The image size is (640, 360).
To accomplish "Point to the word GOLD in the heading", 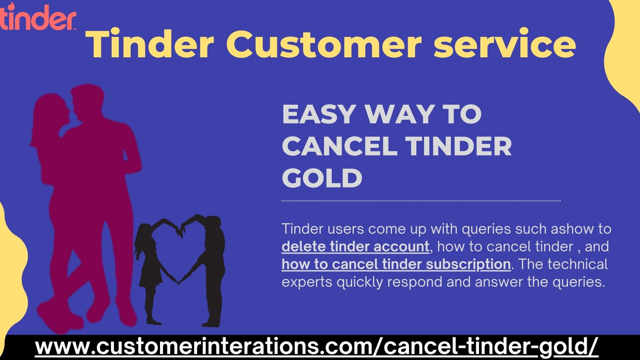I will click(322, 178).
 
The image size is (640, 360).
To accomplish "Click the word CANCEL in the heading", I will click(339, 146).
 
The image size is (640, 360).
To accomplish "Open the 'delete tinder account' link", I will click(355, 246).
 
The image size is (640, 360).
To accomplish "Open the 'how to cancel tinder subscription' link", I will click(396, 264).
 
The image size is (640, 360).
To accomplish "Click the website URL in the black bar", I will click(316, 346).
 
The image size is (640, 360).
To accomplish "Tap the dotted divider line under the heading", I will click(421, 201).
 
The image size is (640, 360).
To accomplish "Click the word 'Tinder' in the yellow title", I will click(150, 44).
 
